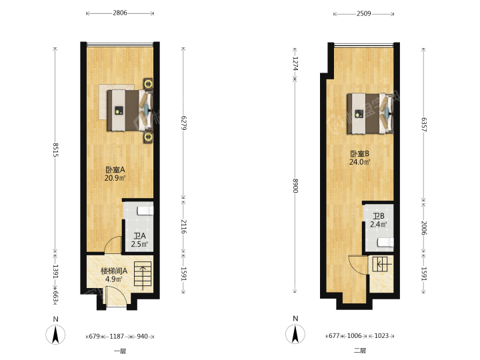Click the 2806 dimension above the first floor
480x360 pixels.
[120, 13]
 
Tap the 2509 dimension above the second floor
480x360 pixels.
[363, 13]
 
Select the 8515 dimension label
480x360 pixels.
[55, 150]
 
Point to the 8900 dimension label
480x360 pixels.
[295, 186]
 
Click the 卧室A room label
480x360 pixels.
[115, 169]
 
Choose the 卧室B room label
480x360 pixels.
[360, 154]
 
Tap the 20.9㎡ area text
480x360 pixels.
[115, 178]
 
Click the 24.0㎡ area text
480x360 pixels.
[360, 162]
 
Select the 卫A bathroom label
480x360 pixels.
[139, 236]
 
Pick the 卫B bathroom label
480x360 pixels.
[379, 216]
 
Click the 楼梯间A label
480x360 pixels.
[114, 271]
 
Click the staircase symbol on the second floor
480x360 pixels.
[380, 264]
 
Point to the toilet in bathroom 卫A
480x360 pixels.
[145, 211]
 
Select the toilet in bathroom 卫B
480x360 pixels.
[385, 243]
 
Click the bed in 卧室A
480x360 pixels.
[129, 110]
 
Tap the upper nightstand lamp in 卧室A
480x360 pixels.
[149, 83]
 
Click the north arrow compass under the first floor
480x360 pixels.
[55, 335]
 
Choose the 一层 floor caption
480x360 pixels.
[120, 351]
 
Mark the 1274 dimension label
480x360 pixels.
[295, 64]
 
